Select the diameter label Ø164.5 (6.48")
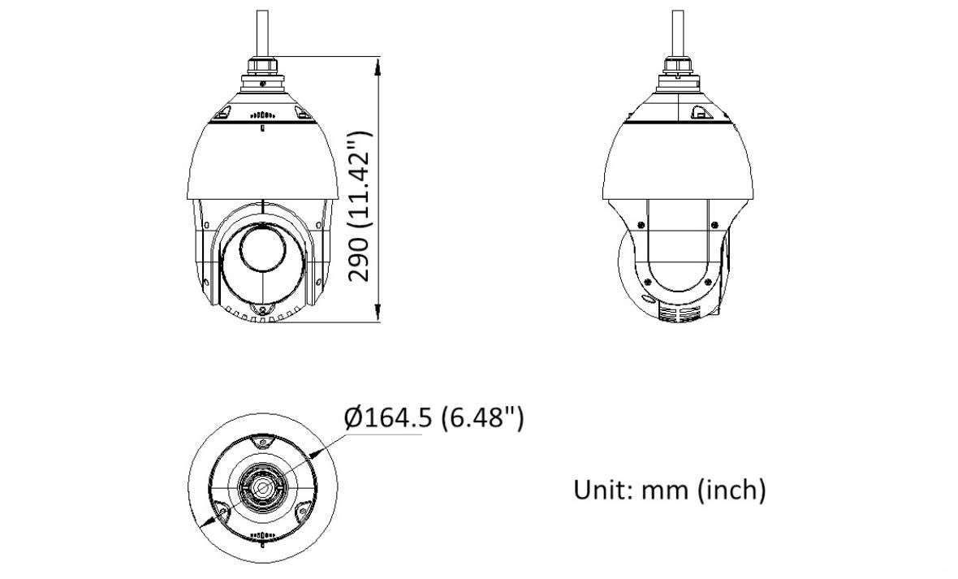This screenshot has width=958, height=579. [434, 418]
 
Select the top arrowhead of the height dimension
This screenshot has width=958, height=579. [378, 63]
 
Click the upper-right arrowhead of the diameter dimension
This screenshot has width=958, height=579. [325, 446]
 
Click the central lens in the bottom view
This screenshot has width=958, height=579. [262, 487]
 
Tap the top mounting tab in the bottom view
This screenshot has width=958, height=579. [262, 443]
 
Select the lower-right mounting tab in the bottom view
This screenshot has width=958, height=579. [302, 510]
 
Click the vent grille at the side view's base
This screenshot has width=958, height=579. [678, 315]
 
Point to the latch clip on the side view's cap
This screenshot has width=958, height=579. [700, 115]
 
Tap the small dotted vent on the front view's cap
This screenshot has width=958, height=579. [262, 115]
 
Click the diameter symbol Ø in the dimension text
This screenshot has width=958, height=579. [352, 419]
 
